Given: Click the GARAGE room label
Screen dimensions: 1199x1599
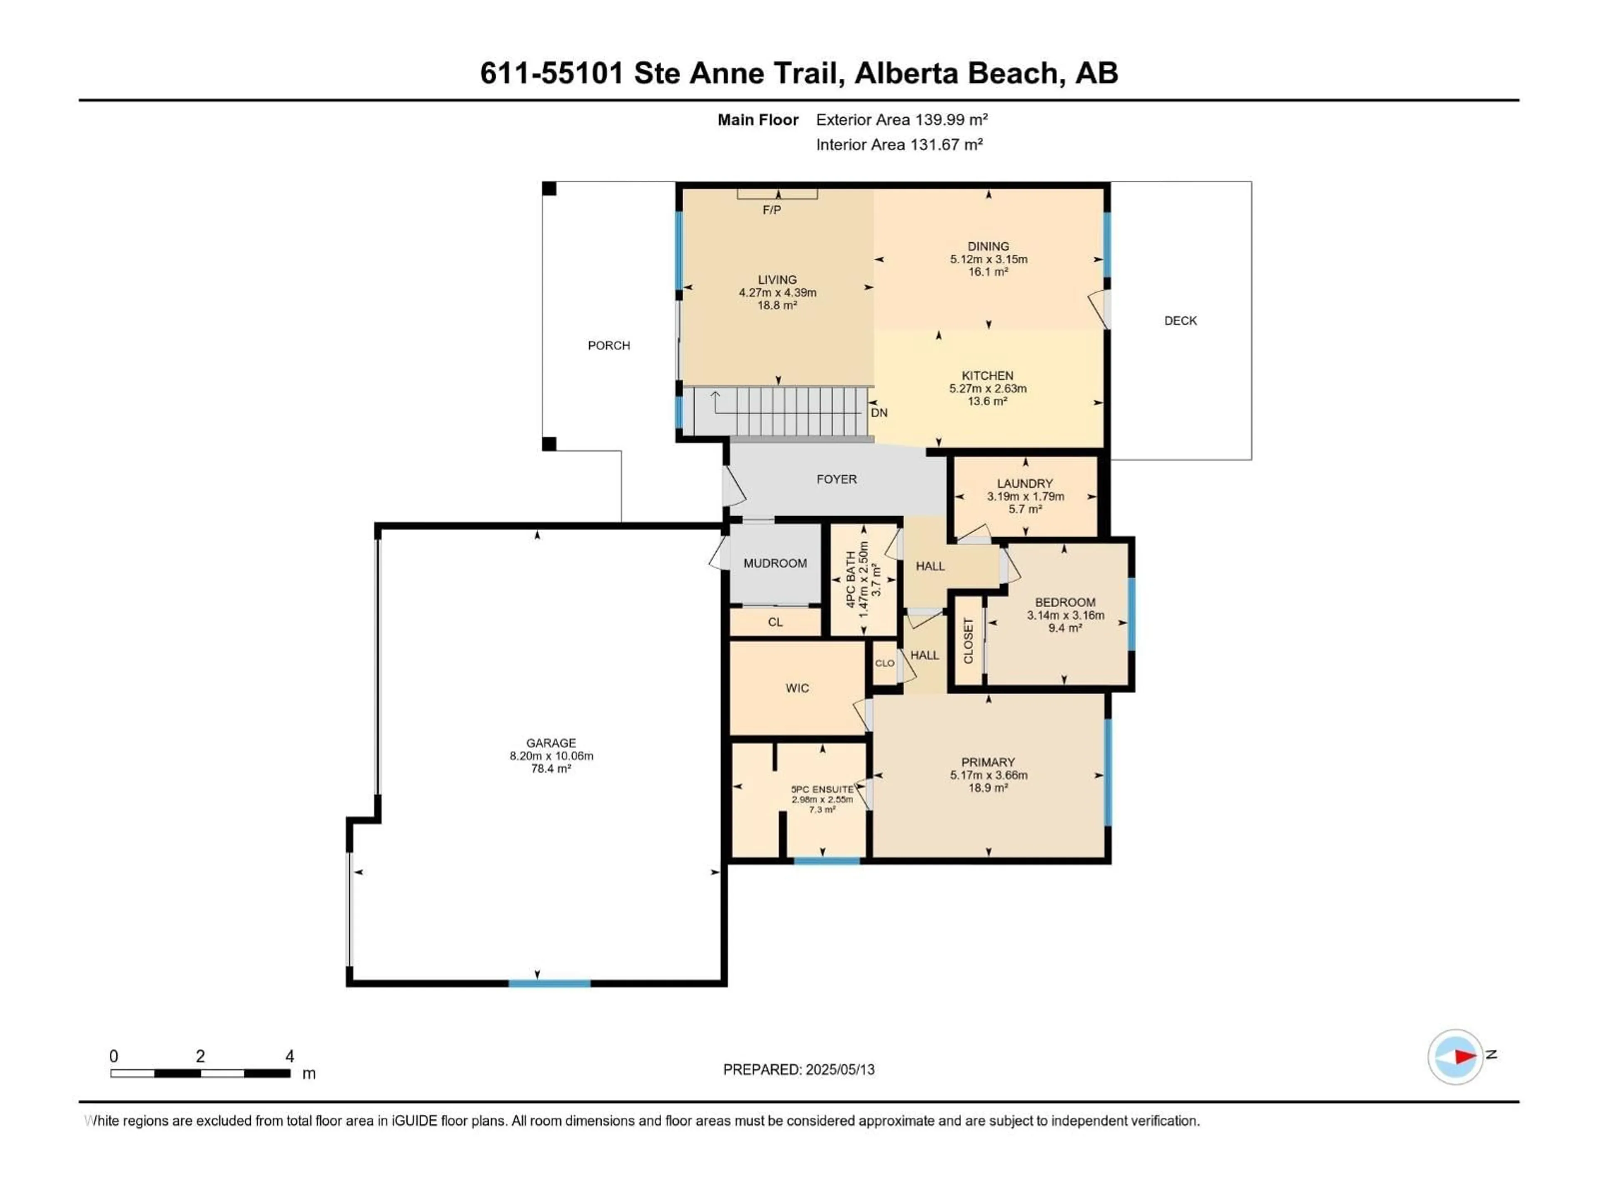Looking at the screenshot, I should (551, 743).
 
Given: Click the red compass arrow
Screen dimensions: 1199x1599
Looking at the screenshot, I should (1465, 1057).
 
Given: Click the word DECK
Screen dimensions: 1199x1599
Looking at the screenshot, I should (1180, 321).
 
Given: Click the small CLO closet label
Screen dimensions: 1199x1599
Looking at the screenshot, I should (884, 663).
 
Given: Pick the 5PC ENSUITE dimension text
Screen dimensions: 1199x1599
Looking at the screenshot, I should (822, 799).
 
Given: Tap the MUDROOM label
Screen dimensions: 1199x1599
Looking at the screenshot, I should (775, 563).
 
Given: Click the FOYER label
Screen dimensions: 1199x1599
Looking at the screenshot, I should (837, 479).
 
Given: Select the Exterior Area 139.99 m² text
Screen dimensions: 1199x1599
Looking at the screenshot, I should (902, 120).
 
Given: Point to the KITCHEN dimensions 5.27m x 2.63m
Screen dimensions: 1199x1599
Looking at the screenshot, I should (987, 388).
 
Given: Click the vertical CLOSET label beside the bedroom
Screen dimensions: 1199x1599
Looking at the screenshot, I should (968, 640).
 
